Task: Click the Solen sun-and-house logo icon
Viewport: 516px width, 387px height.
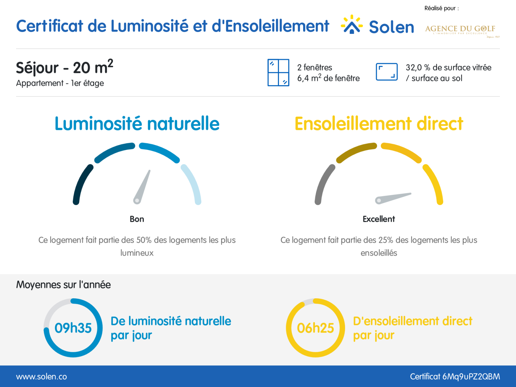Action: click(x=352, y=25)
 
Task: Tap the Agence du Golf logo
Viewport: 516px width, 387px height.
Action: click(x=461, y=30)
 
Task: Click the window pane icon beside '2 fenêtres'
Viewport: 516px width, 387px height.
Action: click(x=278, y=73)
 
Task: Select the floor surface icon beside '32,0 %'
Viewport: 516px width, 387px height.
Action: click(x=386, y=72)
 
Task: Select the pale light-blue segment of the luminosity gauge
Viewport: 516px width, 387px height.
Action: click(x=193, y=184)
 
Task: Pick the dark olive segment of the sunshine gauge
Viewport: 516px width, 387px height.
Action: click(x=355, y=151)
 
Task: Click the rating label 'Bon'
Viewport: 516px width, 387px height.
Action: click(x=137, y=219)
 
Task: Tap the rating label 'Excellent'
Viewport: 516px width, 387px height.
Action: click(x=379, y=219)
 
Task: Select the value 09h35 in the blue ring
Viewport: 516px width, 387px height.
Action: click(x=73, y=328)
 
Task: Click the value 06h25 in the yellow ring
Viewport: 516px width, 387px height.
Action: click(x=315, y=328)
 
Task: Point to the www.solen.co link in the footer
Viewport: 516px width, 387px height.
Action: click(x=42, y=377)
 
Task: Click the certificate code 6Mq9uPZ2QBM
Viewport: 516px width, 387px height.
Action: click(x=471, y=377)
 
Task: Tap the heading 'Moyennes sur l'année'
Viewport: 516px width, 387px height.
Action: click(x=64, y=285)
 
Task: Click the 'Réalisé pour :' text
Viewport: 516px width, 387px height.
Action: click(x=441, y=8)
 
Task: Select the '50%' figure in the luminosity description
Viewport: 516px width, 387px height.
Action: click(x=144, y=240)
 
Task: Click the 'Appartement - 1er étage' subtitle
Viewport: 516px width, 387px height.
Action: click(x=60, y=83)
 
